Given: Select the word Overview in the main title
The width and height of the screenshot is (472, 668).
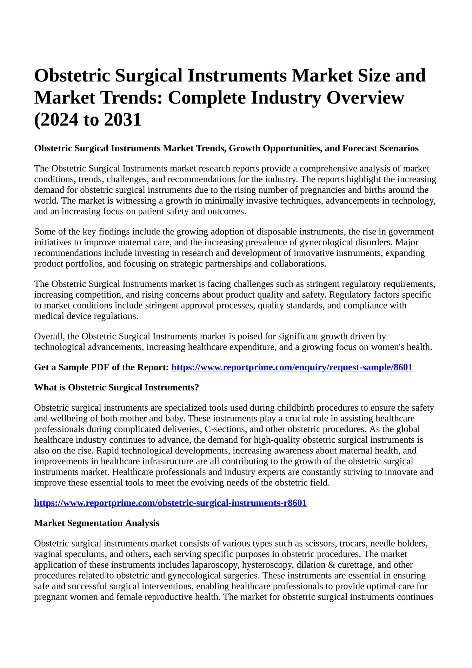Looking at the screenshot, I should tap(365, 98).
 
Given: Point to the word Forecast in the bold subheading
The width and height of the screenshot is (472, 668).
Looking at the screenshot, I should tap(360, 148).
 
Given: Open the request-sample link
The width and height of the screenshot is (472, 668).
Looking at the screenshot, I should tap(292, 368).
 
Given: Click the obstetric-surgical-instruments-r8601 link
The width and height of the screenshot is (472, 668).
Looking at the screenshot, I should tap(170, 503).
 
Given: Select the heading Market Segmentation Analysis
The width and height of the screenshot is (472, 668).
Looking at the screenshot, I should tap(97, 523).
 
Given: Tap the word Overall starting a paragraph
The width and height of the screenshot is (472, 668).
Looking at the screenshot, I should tap(48, 337).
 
